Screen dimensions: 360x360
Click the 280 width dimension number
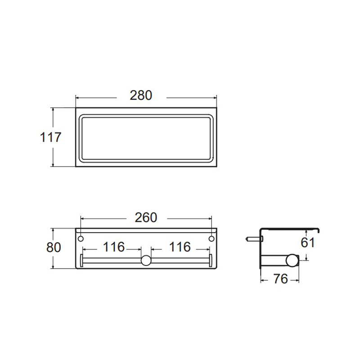click(x=141, y=95)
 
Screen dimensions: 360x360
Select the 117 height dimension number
click(x=50, y=137)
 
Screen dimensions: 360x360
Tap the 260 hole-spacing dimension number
click(x=146, y=217)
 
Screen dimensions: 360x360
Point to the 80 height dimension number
click(x=54, y=247)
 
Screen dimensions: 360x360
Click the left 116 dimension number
click(x=114, y=247)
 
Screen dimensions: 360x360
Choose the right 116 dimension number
click(x=180, y=247)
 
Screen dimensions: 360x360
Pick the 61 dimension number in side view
click(x=308, y=243)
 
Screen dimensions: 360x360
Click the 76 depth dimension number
click(x=280, y=279)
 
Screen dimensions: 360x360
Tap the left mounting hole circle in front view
click(x=81, y=239)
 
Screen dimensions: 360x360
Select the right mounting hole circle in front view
click(x=211, y=239)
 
